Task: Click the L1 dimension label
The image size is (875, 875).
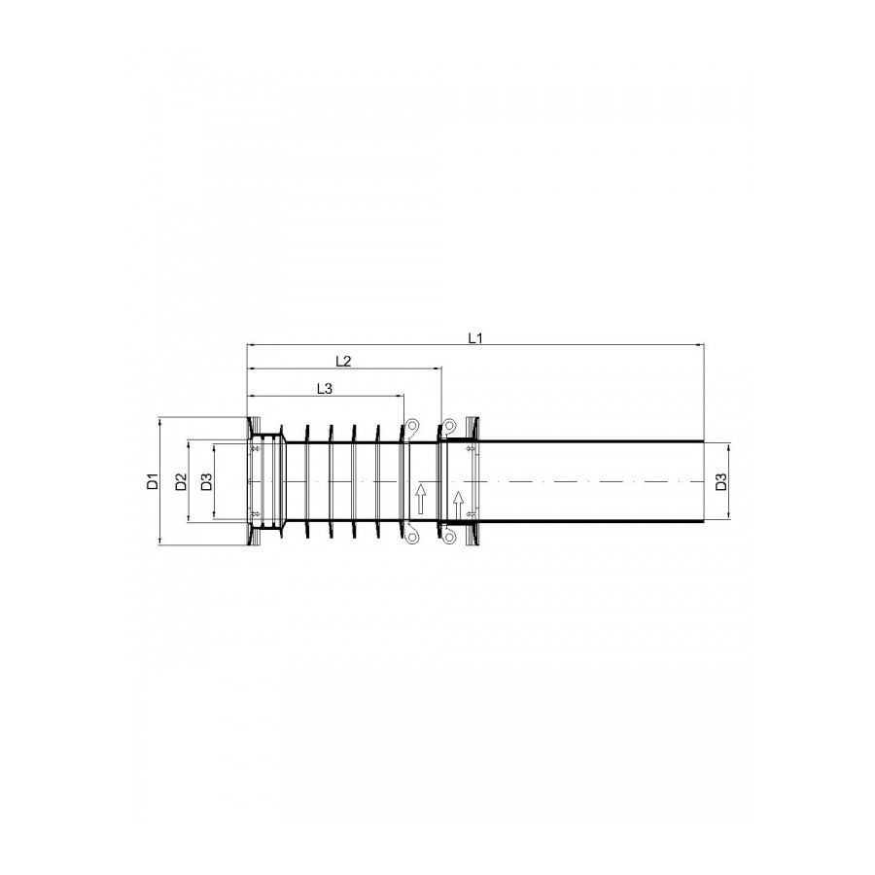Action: click(474, 337)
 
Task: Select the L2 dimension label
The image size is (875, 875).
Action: click(343, 361)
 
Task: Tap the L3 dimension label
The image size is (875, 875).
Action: click(324, 388)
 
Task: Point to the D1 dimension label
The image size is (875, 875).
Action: click(153, 480)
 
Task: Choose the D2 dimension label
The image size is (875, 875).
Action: click(181, 481)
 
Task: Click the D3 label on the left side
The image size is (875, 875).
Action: click(206, 481)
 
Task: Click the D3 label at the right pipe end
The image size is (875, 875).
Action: click(721, 481)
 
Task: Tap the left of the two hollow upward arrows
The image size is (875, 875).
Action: click(420, 499)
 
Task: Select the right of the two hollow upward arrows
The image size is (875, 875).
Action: click(458, 506)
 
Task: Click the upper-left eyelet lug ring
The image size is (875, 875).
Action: click(413, 427)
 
